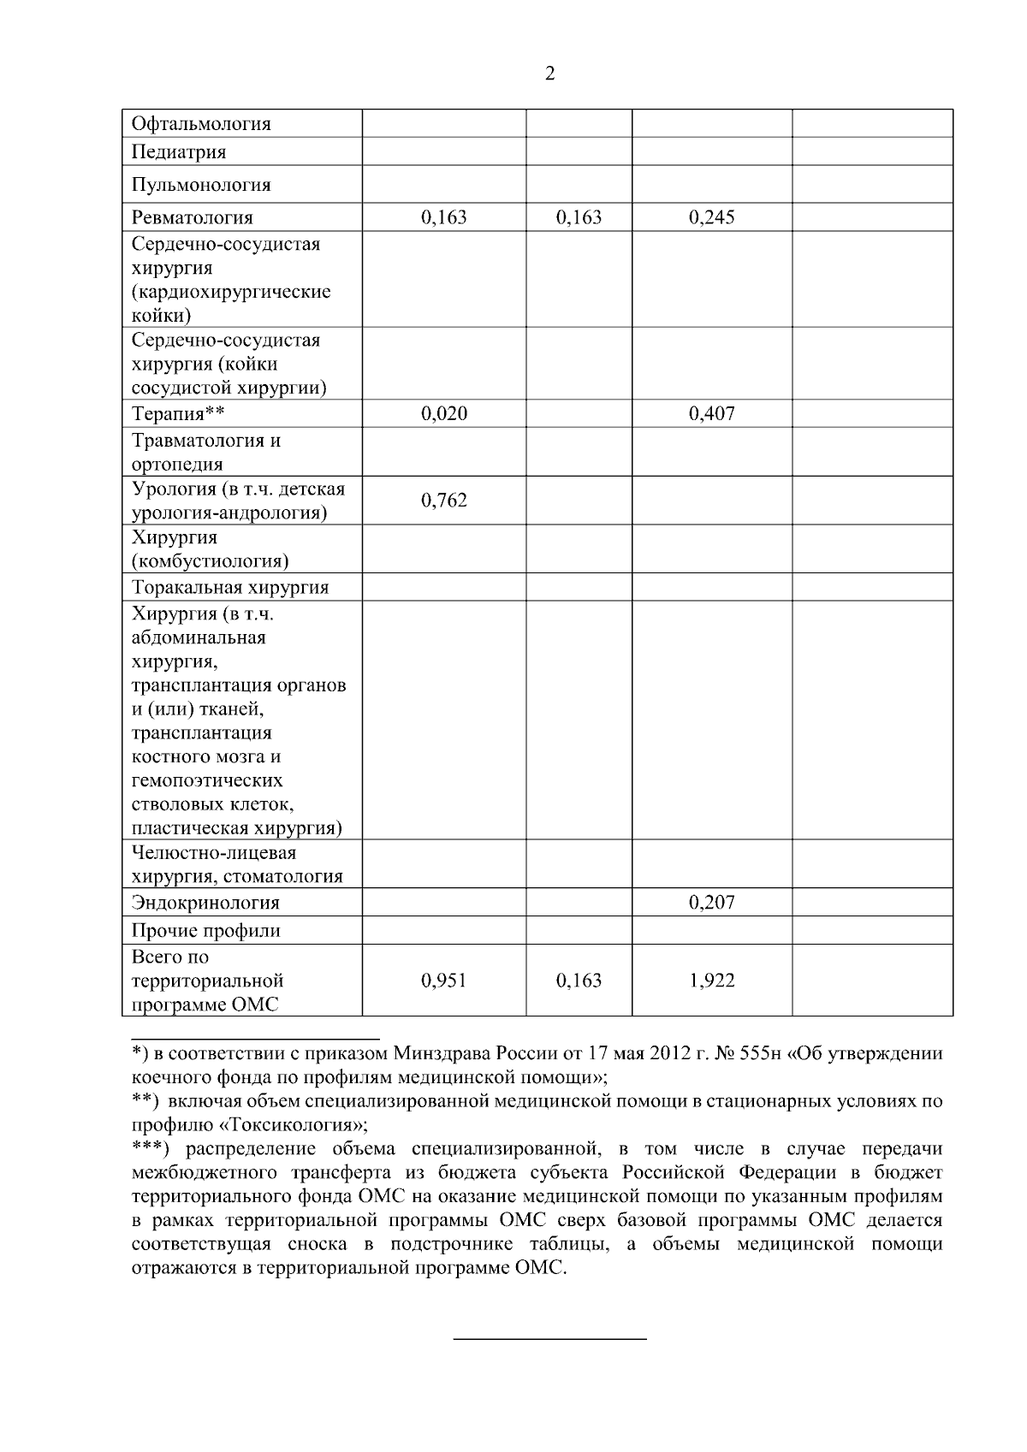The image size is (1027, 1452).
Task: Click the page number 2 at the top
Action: tap(549, 74)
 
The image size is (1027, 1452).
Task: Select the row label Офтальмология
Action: tap(201, 124)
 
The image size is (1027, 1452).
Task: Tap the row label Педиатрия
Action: tap(179, 152)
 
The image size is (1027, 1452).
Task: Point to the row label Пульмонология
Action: tap(201, 185)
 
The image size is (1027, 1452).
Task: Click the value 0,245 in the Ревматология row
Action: tap(712, 217)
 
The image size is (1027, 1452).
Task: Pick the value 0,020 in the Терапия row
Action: tap(444, 414)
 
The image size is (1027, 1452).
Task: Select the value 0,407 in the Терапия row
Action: tap(712, 414)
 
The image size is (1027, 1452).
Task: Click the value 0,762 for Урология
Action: tap(444, 500)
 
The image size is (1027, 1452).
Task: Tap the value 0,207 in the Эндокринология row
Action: tap(712, 903)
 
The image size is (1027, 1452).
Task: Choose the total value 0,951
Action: tap(444, 981)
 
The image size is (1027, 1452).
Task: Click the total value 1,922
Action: tap(712, 981)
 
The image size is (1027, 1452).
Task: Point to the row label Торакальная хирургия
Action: tap(230, 588)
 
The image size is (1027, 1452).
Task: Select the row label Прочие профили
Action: tap(206, 931)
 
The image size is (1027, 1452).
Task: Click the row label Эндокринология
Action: tap(205, 903)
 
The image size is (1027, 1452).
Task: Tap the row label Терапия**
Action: tap(178, 414)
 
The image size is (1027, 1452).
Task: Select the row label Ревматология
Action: tap(193, 217)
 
